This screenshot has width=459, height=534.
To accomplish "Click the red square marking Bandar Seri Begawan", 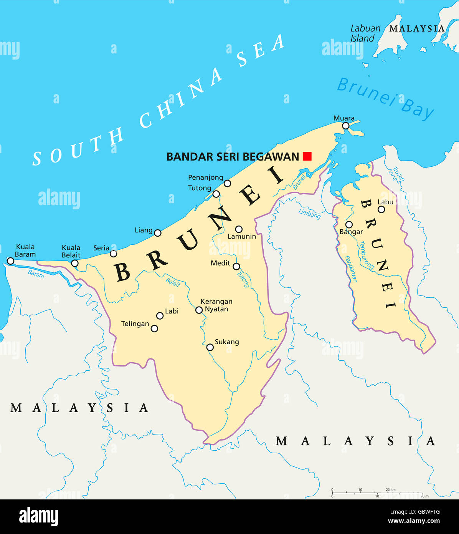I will [307, 156].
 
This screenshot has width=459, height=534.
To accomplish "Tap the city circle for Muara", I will [346, 126].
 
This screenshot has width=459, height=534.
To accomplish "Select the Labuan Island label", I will [365, 33].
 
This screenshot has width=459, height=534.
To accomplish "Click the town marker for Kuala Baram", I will [10, 261].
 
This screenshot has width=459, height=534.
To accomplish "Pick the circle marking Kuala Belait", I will [75, 263].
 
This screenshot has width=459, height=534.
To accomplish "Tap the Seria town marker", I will [114, 254].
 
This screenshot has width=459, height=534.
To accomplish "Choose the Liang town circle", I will [158, 233].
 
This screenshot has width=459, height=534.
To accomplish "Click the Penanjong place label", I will [205, 177].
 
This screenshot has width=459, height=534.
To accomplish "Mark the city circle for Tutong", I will [216, 194].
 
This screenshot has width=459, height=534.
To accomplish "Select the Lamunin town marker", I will [239, 229].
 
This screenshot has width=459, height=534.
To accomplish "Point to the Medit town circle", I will [236, 266].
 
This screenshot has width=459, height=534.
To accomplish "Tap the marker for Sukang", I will [210, 347].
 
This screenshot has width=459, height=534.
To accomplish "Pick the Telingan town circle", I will [154, 328].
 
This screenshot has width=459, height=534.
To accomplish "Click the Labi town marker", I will [160, 316].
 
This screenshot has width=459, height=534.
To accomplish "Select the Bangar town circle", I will [349, 224].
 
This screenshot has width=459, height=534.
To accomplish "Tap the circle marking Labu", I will [381, 209].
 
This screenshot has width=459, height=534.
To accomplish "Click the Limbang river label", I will [309, 213].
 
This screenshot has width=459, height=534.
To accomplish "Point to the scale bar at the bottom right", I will [377, 493].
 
